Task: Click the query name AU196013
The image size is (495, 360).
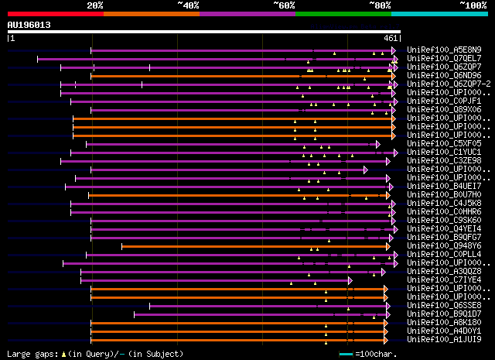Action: (x=29, y=25)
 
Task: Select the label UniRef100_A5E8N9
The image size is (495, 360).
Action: (x=445, y=50)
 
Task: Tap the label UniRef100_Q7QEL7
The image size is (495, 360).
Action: (x=445, y=58)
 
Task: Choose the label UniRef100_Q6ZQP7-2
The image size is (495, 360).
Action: (x=448, y=84)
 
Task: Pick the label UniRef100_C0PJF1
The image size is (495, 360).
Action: (x=445, y=101)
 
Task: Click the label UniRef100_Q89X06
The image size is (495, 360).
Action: (x=445, y=109)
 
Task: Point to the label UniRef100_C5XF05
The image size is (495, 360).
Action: (x=445, y=143)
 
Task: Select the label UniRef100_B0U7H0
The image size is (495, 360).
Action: (x=445, y=194)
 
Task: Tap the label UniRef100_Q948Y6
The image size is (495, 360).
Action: (x=445, y=245)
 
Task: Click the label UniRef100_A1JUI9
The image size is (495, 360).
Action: (x=445, y=339)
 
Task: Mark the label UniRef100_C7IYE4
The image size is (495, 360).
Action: (x=445, y=279)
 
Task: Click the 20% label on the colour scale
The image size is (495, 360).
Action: (x=95, y=5)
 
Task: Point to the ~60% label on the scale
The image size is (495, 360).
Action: (x=284, y=5)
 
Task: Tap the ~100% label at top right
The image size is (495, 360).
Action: (x=473, y=5)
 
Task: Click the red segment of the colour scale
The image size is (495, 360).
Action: (x=54, y=13)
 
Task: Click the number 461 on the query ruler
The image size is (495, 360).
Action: (x=391, y=37)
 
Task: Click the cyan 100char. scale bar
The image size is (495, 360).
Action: (x=346, y=354)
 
